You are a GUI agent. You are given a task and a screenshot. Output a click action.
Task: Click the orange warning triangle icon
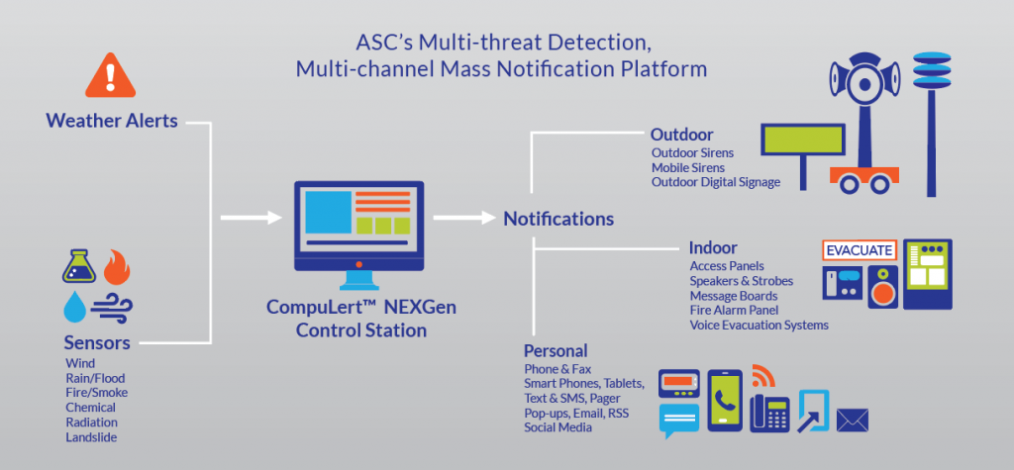point(111,76)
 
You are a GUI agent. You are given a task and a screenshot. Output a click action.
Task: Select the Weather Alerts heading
point(112,122)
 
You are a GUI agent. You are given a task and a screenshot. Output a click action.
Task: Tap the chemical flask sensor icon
point(79,266)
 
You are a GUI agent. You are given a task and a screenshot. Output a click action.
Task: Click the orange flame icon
point(117,267)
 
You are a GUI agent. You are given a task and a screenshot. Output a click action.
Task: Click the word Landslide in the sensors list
point(89,436)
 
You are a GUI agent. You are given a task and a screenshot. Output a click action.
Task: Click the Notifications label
point(558,219)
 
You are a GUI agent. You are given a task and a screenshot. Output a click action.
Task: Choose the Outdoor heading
point(681,135)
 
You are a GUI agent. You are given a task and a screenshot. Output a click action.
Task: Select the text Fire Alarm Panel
point(734,310)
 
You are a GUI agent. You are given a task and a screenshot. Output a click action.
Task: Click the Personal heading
point(556,351)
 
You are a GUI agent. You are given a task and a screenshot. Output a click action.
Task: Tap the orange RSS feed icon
point(762,377)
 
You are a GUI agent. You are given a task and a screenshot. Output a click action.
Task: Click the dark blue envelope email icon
point(853,420)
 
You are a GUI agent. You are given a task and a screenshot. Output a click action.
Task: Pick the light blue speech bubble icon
point(679,422)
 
